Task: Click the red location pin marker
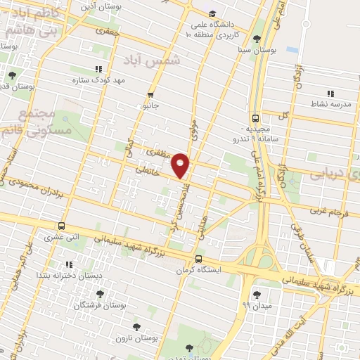(180, 165)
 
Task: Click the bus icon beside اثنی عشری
(62, 226)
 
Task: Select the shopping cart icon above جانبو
(149, 96)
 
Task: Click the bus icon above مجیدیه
(255, 118)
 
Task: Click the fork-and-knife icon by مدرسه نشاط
(329, 93)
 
